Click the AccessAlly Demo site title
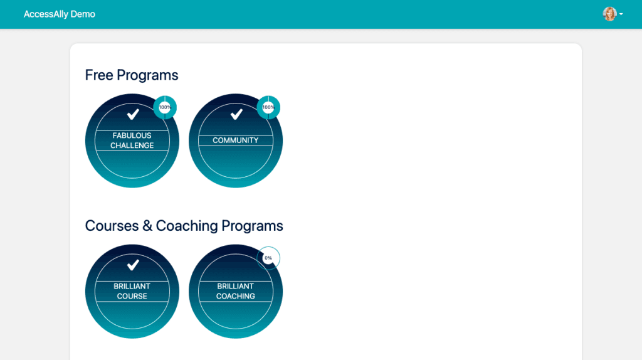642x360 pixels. (60, 14)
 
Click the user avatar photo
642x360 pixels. (609, 14)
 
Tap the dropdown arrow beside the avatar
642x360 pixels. (621, 14)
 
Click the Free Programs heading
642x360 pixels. (132, 75)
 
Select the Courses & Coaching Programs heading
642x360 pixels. (184, 226)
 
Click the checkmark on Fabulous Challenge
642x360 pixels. (133, 114)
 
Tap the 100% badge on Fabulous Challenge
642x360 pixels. (165, 107)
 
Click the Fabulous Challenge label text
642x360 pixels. (132, 140)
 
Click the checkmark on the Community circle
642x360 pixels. (236, 114)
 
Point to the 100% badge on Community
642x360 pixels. (268, 107)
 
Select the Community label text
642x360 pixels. (236, 140)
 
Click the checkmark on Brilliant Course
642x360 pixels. (133, 265)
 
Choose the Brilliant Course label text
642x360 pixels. (132, 291)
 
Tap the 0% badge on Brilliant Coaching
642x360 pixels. (268, 258)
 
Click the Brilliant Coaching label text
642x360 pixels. (236, 291)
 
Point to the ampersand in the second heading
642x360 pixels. (147, 226)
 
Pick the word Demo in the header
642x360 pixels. (83, 14)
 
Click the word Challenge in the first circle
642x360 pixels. (132, 146)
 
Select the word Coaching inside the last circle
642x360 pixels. (236, 296)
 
